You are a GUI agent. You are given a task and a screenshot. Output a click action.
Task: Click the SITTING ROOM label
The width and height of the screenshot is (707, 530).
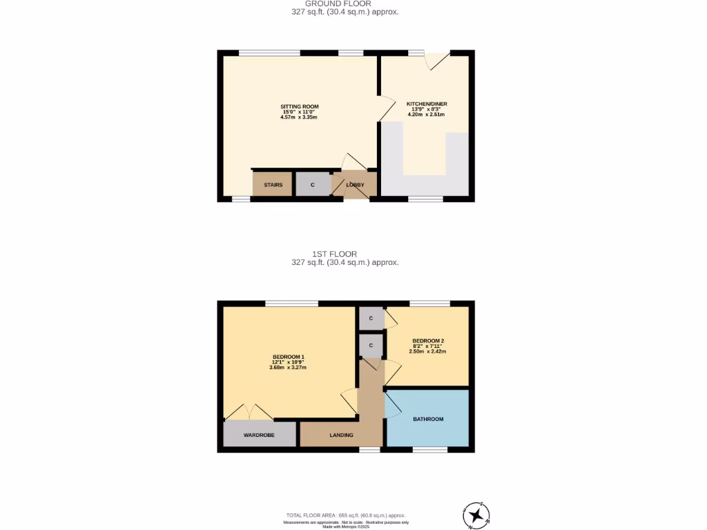299,106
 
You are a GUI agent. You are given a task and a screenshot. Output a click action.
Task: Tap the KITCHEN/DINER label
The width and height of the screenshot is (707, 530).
427,104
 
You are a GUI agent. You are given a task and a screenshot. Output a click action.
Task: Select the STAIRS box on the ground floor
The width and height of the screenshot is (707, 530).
273,185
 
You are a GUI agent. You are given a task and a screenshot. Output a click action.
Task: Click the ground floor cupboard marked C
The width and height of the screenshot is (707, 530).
313,185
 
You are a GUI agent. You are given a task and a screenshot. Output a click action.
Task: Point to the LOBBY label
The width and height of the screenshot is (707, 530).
355,185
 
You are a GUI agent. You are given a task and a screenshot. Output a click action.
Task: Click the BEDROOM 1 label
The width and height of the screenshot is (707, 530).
288,357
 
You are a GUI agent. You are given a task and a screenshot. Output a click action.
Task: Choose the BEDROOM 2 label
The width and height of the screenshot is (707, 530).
427,341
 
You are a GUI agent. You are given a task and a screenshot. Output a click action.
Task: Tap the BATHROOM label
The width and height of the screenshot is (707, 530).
428,419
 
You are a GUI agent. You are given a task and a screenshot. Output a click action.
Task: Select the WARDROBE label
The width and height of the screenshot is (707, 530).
259,435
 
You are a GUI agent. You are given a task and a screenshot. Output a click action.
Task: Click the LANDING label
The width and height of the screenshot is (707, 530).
341,435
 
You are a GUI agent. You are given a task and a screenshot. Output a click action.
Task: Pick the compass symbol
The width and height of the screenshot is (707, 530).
476,515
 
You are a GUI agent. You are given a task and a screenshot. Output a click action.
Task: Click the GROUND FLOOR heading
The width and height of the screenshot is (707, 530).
343,3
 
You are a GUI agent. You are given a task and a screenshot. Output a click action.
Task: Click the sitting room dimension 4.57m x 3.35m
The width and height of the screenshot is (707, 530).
299,117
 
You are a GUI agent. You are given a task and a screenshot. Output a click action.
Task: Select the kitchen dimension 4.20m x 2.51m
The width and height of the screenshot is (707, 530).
427,115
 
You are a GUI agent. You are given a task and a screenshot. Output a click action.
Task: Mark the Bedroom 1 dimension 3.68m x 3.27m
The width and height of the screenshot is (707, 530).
288,367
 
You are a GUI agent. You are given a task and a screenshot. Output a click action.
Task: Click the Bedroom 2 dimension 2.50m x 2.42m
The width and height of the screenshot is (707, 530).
427,351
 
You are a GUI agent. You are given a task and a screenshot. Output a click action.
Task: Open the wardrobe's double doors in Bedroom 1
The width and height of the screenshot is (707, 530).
249,412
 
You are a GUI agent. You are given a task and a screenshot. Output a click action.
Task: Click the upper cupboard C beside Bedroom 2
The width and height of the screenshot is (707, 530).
371,318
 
